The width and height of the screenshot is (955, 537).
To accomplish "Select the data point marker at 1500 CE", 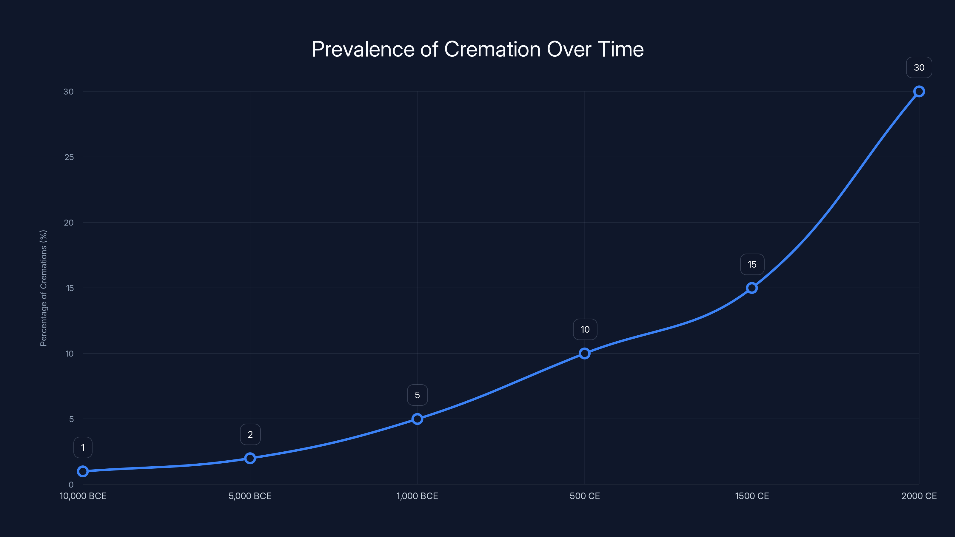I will pyautogui.click(x=751, y=288).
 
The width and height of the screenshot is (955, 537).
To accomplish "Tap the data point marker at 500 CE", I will pyautogui.click(x=584, y=354).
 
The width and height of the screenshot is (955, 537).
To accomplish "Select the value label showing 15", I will pyautogui.click(x=752, y=264).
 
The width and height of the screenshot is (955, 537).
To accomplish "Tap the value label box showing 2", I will pyautogui.click(x=250, y=434).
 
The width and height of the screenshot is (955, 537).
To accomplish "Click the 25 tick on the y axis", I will pyautogui.click(x=69, y=157).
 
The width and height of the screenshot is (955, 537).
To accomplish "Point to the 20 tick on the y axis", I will pyautogui.click(x=69, y=223).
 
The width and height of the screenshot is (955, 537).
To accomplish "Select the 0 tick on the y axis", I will pyautogui.click(x=71, y=484).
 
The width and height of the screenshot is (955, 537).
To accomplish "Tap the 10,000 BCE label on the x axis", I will pyautogui.click(x=83, y=496).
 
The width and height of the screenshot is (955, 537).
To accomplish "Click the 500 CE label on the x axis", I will pyautogui.click(x=584, y=496).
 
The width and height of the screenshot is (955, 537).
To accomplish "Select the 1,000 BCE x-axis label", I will pyautogui.click(x=417, y=496).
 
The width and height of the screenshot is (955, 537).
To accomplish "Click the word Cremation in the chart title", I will pyautogui.click(x=492, y=49).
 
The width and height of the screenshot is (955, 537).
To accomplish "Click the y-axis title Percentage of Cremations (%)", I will pyautogui.click(x=43, y=288).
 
